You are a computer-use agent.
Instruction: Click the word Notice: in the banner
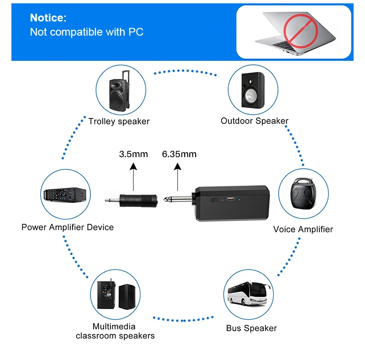click(x=48, y=18)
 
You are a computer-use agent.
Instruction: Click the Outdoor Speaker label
click(x=255, y=121)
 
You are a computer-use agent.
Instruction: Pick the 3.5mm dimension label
click(x=133, y=154)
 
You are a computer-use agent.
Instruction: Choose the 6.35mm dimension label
click(x=179, y=154)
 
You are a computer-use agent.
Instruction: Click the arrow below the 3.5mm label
click(x=133, y=177)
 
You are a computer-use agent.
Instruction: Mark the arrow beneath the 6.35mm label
click(x=177, y=177)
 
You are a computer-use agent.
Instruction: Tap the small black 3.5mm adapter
click(x=131, y=200)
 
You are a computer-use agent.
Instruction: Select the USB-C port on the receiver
click(x=231, y=199)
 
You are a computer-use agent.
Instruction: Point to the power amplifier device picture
click(x=65, y=194)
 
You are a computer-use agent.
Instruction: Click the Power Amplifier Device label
click(x=68, y=227)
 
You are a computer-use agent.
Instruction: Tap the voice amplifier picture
click(x=303, y=193)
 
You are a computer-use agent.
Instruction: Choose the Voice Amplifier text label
click(x=303, y=229)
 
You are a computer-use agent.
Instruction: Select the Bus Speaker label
click(x=251, y=328)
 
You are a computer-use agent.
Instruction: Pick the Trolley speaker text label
click(x=119, y=122)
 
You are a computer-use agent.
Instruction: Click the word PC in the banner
click(x=136, y=32)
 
